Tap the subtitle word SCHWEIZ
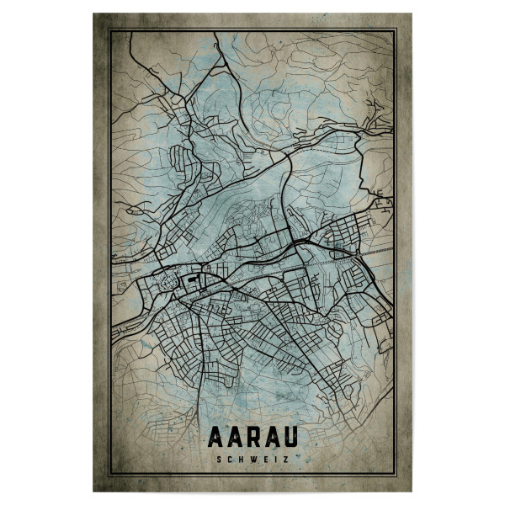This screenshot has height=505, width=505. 252,459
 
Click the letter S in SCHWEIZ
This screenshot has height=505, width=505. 219,459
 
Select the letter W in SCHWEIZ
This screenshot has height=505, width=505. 253,459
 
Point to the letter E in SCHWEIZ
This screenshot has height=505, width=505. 265,459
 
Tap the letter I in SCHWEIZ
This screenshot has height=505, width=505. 275,459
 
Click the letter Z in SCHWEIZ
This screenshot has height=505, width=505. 285,459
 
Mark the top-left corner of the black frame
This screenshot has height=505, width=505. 109,29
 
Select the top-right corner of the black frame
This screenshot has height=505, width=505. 396,29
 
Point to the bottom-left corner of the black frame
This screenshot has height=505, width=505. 109,476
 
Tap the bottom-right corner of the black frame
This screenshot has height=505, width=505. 396,476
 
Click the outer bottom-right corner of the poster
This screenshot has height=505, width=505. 412,492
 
